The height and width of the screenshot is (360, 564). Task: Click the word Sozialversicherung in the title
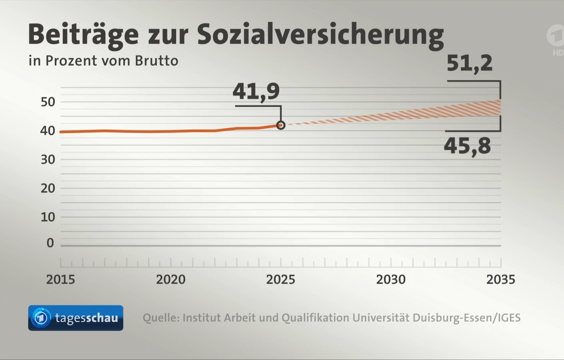320,35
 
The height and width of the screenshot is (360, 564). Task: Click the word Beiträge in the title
83,35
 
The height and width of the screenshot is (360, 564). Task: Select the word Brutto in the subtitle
156,61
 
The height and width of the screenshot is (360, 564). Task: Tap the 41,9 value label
256,91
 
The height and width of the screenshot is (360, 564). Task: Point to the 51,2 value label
469,63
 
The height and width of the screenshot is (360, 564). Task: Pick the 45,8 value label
467,146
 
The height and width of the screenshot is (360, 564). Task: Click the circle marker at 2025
281,125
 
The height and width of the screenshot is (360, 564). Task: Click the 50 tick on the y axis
48,102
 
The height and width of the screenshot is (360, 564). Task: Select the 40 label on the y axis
48,131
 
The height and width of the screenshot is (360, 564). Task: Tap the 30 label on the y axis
48,160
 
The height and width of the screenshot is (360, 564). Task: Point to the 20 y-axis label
48,188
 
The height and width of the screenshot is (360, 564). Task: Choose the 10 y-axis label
48,217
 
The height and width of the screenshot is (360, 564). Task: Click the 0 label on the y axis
50,243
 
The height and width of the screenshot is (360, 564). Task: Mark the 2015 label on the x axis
60,279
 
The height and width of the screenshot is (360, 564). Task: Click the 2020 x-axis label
170,279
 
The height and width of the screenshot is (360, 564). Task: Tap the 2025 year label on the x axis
280,279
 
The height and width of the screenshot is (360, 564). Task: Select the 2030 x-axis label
391,279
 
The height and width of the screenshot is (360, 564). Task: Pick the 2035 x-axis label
501,279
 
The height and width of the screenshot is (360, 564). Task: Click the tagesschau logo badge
76,318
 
